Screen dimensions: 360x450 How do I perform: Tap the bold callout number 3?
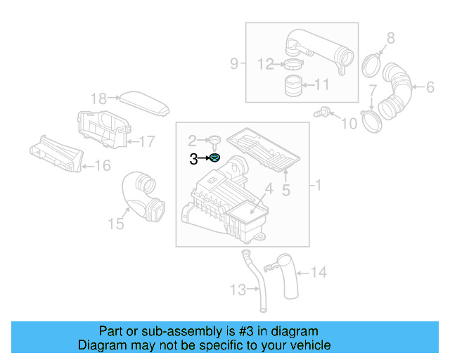click(x=193, y=160)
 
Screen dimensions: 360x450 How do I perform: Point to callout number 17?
click(x=146, y=141)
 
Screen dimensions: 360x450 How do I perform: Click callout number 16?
click(x=102, y=166)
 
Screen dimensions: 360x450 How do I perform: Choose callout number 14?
click(x=319, y=271)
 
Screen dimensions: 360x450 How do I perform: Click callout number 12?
click(x=264, y=65)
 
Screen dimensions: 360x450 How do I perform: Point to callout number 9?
click(x=234, y=65)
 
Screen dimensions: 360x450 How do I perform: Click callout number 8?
click(x=391, y=37)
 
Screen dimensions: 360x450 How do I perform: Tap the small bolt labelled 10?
click(x=325, y=111)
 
